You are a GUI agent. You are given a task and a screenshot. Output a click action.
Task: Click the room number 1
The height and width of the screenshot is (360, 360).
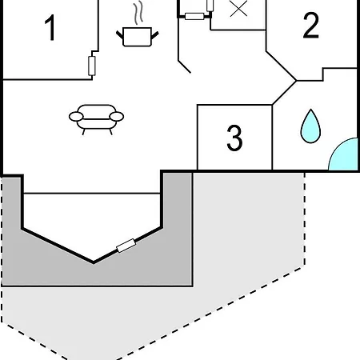click(x=50, y=28)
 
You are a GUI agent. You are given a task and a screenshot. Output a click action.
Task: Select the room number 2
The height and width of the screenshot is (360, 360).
click(x=311, y=25)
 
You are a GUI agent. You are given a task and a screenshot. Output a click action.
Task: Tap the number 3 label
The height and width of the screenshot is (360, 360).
click(x=234, y=138)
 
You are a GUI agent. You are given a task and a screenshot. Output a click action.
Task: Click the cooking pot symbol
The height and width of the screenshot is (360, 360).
click(x=138, y=37)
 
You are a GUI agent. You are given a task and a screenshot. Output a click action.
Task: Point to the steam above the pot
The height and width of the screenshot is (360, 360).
click(x=138, y=14)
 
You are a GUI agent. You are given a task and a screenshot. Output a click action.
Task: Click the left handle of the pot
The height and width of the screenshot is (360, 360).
click(x=120, y=34)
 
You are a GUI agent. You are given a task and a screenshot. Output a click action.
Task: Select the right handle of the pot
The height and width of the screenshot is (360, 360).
click(x=155, y=34)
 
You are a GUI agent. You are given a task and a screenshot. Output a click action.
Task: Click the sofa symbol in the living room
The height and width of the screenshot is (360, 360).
click(x=96, y=119)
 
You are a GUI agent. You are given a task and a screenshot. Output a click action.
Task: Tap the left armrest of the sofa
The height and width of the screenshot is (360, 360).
click(x=76, y=117)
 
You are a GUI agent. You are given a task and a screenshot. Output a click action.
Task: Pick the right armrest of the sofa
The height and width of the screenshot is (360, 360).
click(x=117, y=117)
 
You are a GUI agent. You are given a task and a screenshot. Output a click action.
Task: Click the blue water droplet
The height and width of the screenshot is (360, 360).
click(x=310, y=126)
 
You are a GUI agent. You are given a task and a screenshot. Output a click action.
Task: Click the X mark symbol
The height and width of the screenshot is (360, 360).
click(x=238, y=9)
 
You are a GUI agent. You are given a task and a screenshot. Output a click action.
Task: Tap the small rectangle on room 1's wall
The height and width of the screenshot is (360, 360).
click(x=92, y=66)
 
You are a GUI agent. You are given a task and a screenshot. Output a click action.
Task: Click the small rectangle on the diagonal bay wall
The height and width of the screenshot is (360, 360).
click(x=126, y=246)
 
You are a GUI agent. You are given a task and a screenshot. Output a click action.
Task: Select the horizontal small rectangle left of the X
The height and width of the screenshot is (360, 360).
click(x=194, y=17)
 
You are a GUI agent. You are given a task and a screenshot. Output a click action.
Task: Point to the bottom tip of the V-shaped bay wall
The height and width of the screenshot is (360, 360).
click(x=94, y=263)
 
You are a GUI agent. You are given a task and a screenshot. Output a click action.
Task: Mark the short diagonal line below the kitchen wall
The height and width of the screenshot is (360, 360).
click(x=184, y=66)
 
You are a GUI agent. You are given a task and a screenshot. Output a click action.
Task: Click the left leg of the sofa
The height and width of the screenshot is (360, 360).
click(x=84, y=132)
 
